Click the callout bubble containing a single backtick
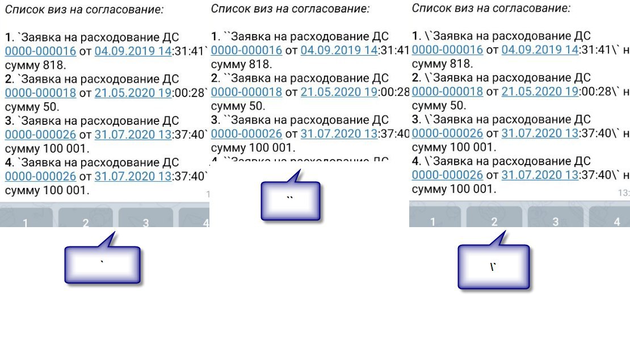[x=102, y=265]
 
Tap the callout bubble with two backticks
[x=291, y=202]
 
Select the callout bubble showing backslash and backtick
[x=494, y=267]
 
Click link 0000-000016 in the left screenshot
[x=40, y=51]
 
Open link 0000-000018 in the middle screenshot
[x=246, y=92]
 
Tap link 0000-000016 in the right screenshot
[x=447, y=50]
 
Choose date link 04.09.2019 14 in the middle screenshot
[x=339, y=51]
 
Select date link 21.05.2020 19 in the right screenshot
[x=540, y=91]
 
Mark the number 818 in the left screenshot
[x=62, y=65]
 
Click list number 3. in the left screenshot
[x=10, y=121]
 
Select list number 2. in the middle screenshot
[x=216, y=78]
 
